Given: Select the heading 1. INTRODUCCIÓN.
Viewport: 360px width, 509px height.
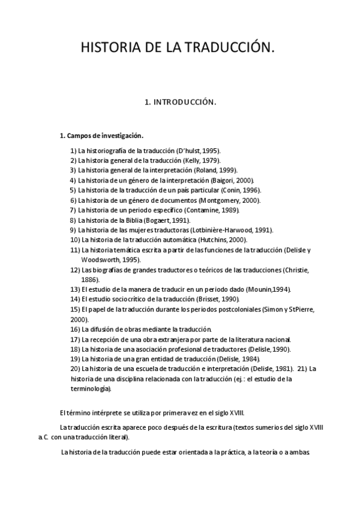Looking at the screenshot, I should [x=180, y=103].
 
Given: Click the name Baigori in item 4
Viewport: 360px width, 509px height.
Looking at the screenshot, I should [x=225, y=180].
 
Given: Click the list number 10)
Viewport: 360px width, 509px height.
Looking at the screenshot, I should [x=75, y=239].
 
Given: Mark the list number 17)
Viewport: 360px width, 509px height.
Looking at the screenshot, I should [x=75, y=339].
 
